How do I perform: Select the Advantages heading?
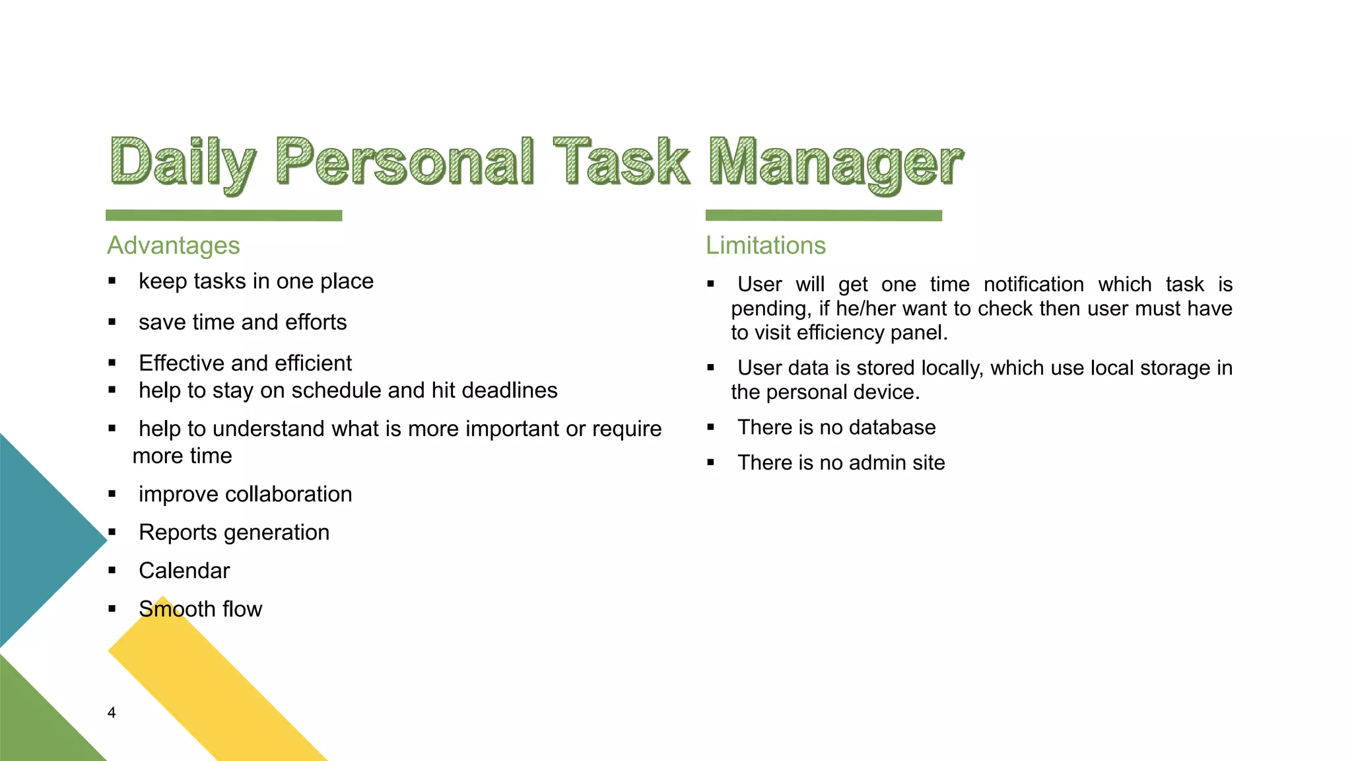pyautogui.click(x=173, y=246)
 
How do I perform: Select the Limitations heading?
pyautogui.click(x=765, y=246)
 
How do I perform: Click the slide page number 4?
pyautogui.click(x=112, y=713)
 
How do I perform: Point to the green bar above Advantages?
pyautogui.click(x=224, y=215)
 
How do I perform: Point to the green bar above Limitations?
pyautogui.click(x=823, y=215)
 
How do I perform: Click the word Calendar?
pyautogui.click(x=184, y=571)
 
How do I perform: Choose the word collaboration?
pyautogui.click(x=290, y=494)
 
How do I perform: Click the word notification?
pyautogui.click(x=1033, y=285)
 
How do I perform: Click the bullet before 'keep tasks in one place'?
pyautogui.click(x=112, y=281)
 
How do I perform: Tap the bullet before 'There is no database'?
pyautogui.click(x=711, y=427)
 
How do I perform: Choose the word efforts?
pyautogui.click(x=316, y=322)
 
